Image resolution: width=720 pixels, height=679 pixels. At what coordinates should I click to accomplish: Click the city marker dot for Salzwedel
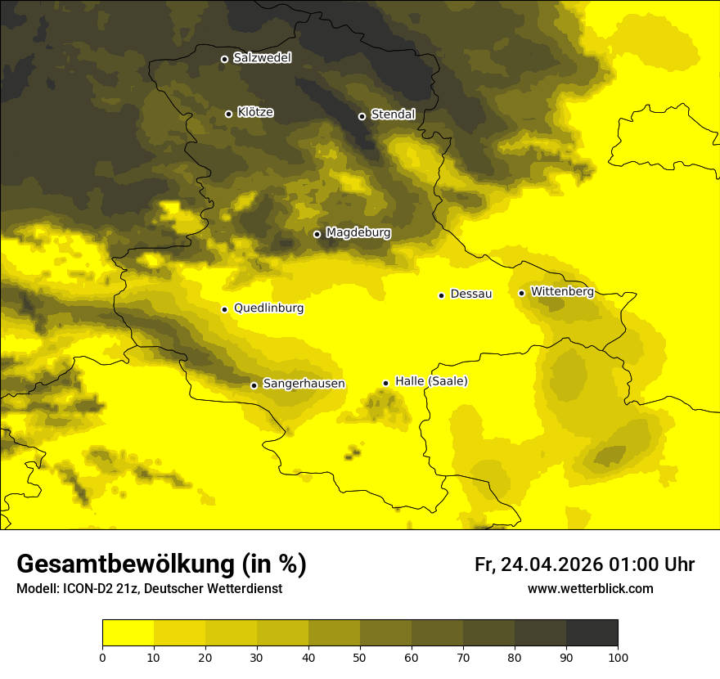224,59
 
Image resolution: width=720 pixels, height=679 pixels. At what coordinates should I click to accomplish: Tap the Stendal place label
393,115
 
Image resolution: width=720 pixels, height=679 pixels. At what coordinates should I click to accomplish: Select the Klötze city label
255,112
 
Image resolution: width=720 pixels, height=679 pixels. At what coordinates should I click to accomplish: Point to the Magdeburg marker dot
317,234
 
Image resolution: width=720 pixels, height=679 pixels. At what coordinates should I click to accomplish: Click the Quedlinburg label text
268,308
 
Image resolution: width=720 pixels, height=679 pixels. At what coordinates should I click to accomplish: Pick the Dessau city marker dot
441,295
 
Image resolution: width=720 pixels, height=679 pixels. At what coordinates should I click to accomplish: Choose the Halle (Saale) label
431,381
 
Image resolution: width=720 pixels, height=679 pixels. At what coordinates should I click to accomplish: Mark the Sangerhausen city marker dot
254,385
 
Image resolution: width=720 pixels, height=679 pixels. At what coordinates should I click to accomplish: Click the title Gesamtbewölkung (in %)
161,564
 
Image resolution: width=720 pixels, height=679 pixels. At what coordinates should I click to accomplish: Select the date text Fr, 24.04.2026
538,564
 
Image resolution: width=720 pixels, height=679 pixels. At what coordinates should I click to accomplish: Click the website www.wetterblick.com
590,588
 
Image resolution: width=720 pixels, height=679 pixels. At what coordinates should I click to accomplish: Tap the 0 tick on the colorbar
102,656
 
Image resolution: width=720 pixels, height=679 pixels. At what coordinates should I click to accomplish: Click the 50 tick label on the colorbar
360,656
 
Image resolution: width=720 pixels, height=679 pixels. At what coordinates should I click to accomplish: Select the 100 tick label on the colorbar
618,656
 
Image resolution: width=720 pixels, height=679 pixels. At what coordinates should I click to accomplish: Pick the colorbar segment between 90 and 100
592,632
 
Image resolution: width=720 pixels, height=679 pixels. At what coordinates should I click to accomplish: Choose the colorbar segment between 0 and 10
128,632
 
